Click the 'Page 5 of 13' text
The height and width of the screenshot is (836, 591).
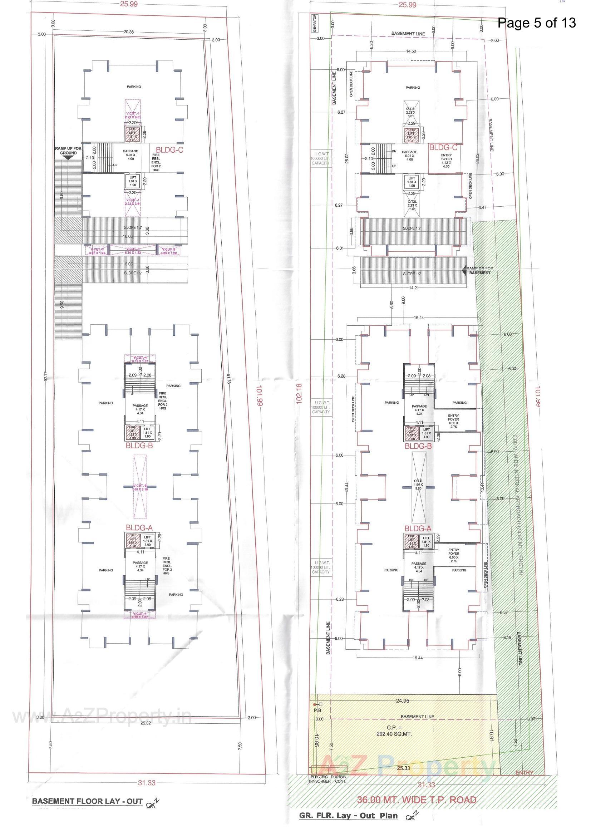(x=536, y=23)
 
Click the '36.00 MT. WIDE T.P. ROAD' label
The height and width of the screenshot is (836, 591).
(x=416, y=800)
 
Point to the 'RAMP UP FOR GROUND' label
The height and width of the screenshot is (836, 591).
(x=68, y=151)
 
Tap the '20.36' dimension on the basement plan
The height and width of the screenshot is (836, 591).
(x=129, y=32)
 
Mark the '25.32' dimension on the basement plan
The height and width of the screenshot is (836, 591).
(x=145, y=723)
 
